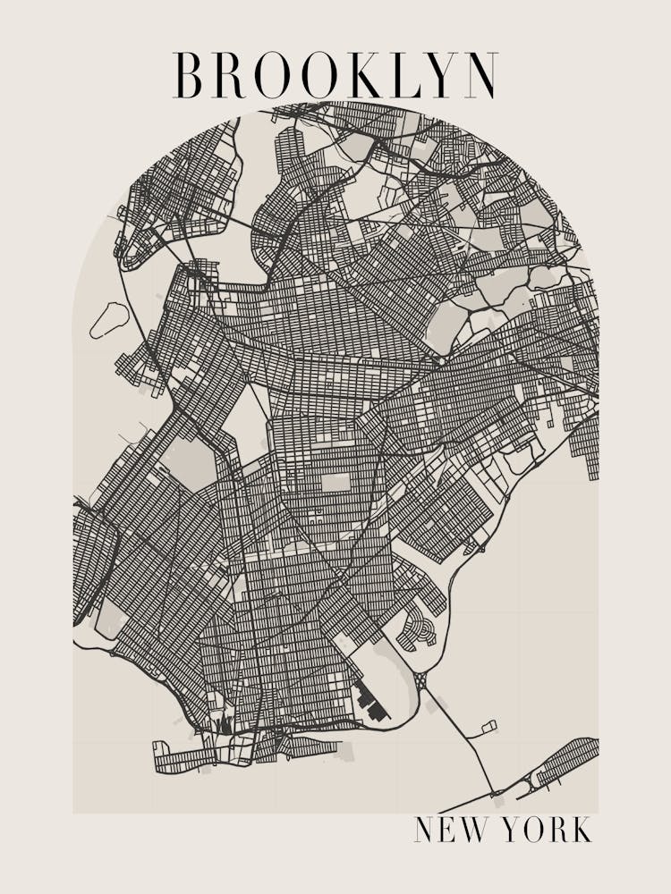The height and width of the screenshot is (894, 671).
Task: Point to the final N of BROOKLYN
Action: pyautogui.click(x=480, y=76)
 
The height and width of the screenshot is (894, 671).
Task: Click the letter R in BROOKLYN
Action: pyautogui.click(x=229, y=76)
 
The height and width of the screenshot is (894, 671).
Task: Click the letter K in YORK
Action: pyautogui.click(x=581, y=830)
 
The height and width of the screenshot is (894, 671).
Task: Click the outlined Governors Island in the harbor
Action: pyautogui.click(x=109, y=319)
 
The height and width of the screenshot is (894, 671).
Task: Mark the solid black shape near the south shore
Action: pyautogui.click(x=371, y=703)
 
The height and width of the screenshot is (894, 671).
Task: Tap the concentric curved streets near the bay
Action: pyautogui.click(x=417, y=628)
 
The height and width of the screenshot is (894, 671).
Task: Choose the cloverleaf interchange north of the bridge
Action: pyautogui.click(x=420, y=681)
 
